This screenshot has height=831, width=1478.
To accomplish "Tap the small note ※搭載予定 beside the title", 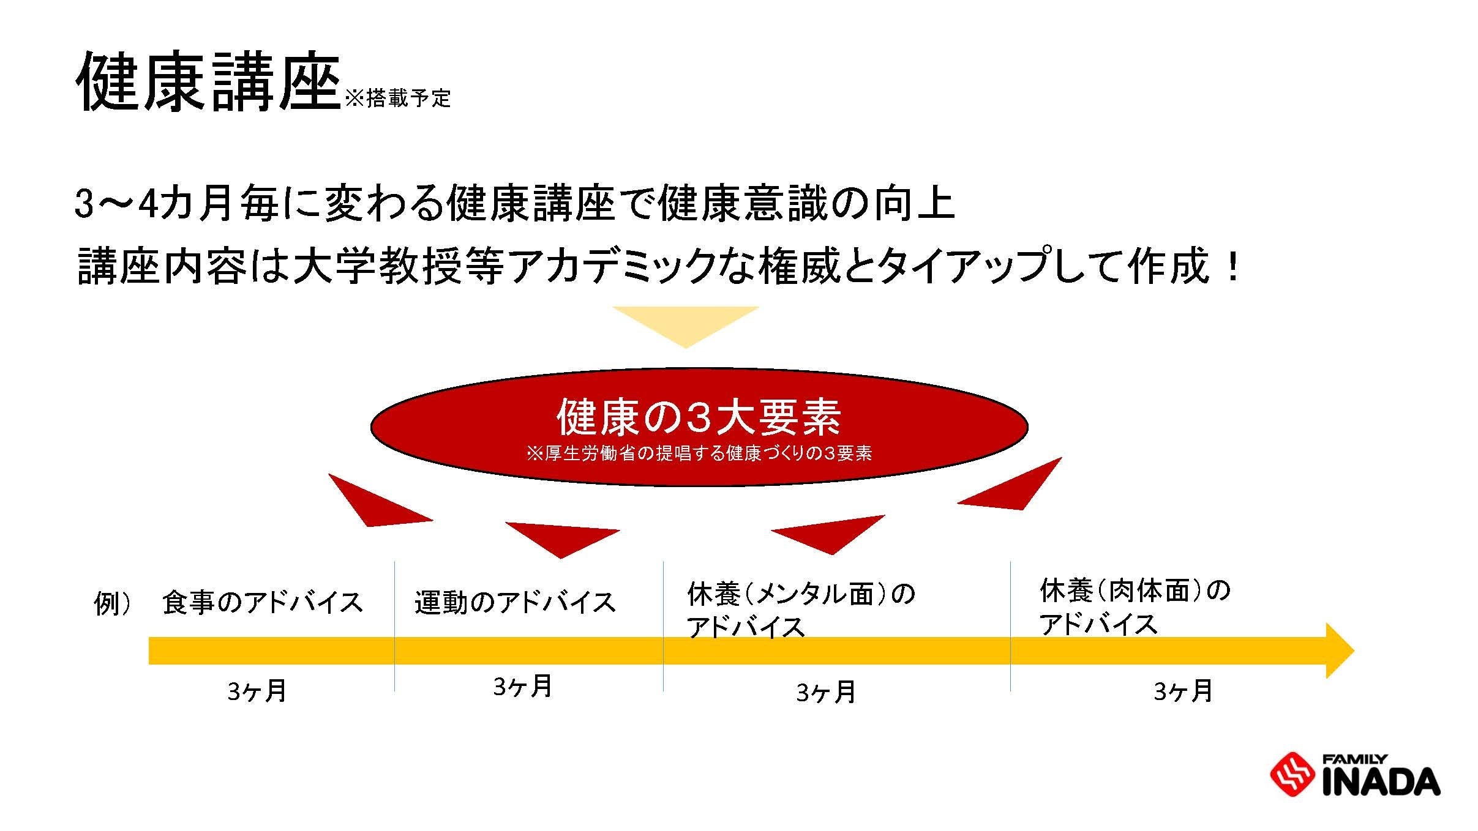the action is point(398,98).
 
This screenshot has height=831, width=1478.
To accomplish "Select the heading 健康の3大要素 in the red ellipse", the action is point(699,418).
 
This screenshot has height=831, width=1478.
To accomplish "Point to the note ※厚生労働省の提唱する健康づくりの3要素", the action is point(699,454).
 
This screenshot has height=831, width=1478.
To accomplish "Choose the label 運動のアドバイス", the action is point(515,603).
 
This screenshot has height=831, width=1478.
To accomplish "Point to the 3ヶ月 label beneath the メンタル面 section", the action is point(825,692).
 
